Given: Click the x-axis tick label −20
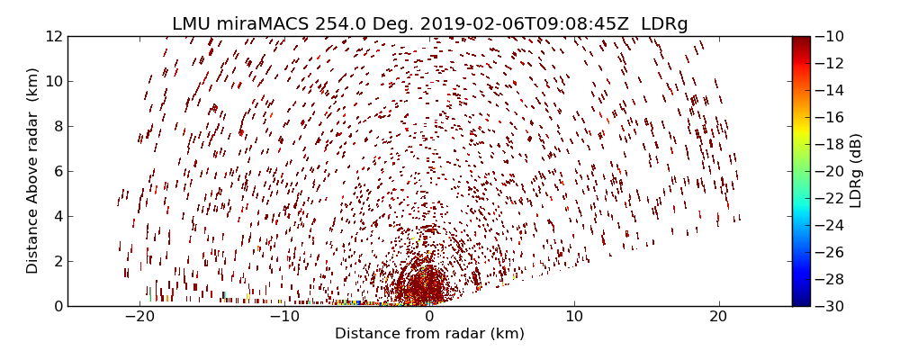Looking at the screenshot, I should pyautogui.click(x=139, y=317).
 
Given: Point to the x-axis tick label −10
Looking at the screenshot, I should pyautogui.click(x=284, y=317).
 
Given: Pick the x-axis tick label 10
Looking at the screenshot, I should pyautogui.click(x=574, y=317).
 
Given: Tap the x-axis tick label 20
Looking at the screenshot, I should pyautogui.click(x=718, y=317).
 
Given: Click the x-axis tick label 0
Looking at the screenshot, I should pyautogui.click(x=429, y=317).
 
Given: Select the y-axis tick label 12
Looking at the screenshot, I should pyautogui.click(x=53, y=37).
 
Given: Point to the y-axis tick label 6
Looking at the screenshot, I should pyautogui.click(x=57, y=171).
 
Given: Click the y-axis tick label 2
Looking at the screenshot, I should pyautogui.click(x=57, y=261).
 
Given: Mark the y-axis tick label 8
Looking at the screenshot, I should pyautogui.click(x=57, y=126).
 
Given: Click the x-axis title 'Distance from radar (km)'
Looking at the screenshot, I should pyautogui.click(x=429, y=334).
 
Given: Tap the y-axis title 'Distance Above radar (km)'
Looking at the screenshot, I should pyautogui.click(x=33, y=171).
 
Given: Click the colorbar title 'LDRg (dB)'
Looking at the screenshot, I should pyautogui.click(x=856, y=171).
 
